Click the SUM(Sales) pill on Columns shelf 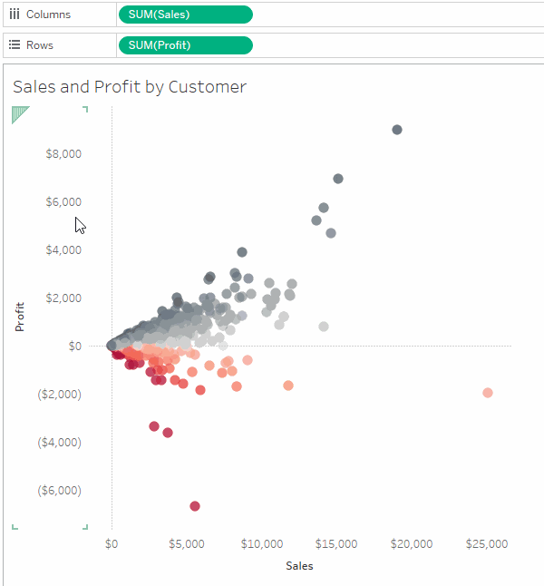pyautogui.click(x=185, y=15)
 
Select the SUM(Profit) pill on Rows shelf pyautogui.click(x=185, y=45)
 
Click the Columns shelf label pyautogui.click(x=47, y=15)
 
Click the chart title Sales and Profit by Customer pyautogui.click(x=130, y=87)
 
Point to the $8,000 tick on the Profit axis pyautogui.click(x=63, y=153)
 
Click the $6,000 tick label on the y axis pyautogui.click(x=63, y=201)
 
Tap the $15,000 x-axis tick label pyautogui.click(x=336, y=544)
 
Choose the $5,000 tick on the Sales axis pyautogui.click(x=187, y=544)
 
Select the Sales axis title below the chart pyautogui.click(x=299, y=565)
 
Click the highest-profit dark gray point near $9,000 pyautogui.click(x=396, y=130)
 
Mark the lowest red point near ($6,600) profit pyautogui.click(x=195, y=506)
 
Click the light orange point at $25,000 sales pyautogui.click(x=488, y=393)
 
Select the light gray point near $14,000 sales pyautogui.click(x=324, y=327)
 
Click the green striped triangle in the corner pyautogui.click(x=18, y=113)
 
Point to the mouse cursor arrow pyautogui.click(x=80, y=225)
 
